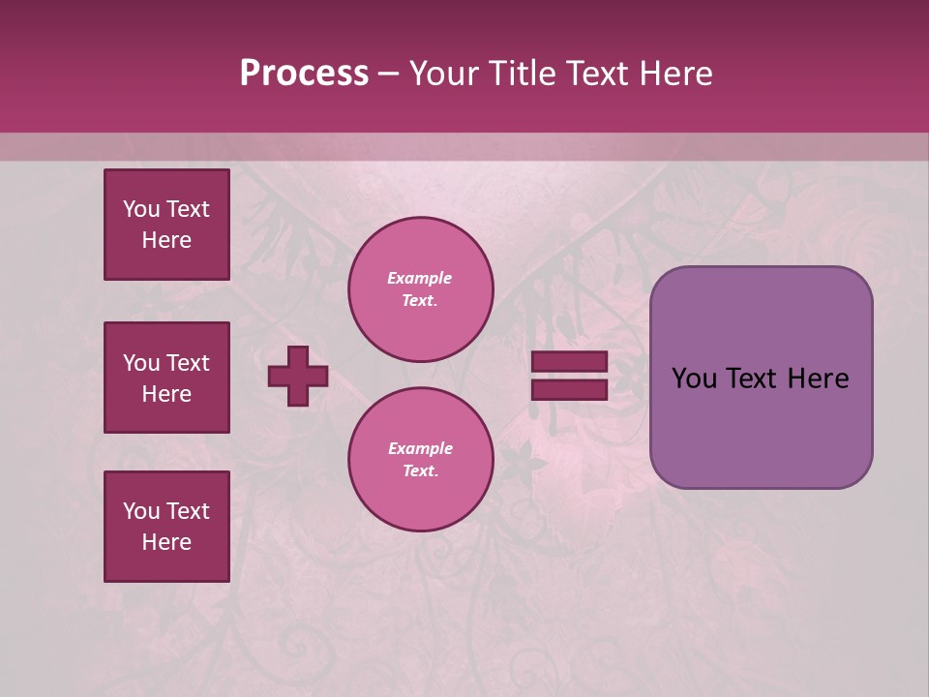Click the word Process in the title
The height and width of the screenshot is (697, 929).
(304, 74)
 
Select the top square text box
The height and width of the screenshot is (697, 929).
(166, 225)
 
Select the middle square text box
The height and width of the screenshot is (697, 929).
(166, 378)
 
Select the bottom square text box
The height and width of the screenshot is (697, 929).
(166, 527)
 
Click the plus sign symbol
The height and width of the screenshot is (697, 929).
(298, 376)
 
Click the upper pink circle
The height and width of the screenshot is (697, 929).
(421, 289)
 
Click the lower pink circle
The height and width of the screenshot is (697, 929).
(421, 460)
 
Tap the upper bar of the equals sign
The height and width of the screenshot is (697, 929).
(569, 362)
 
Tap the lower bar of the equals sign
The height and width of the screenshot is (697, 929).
(569, 389)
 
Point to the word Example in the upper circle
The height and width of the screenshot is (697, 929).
(420, 279)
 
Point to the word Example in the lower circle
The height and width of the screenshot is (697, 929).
(420, 449)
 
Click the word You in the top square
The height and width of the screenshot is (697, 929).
(141, 209)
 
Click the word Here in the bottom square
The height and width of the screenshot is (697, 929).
(166, 543)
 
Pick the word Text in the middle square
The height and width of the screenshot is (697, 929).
(188, 363)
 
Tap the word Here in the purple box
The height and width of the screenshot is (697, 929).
(818, 379)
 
